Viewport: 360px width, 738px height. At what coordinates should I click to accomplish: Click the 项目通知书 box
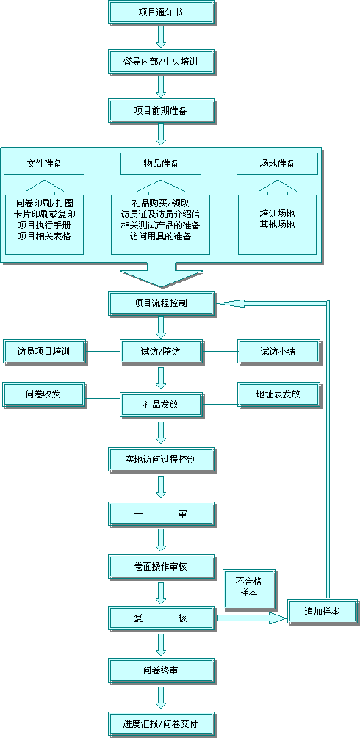162,12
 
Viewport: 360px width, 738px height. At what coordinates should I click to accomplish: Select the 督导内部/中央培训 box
162,62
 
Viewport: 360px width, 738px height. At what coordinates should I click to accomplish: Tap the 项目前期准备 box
162,111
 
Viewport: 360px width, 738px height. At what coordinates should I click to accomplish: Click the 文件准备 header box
44,164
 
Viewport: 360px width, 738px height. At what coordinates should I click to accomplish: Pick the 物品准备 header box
161,164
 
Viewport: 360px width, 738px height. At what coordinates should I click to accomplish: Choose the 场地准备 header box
277,164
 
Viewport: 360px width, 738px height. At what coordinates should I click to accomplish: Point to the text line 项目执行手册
44,225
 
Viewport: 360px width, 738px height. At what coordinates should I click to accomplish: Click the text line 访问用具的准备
161,236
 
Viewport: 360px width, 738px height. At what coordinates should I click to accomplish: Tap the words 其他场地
278,225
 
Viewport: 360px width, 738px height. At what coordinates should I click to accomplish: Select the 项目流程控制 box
162,303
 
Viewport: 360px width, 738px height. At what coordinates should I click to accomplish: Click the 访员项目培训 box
45,352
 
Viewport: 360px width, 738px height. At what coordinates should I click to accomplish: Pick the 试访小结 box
279,352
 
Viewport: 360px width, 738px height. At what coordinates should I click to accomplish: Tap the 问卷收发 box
45,394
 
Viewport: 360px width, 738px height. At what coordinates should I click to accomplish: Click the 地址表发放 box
279,394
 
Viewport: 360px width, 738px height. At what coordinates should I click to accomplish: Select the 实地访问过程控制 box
162,460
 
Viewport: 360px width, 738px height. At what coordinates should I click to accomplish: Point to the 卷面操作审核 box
162,567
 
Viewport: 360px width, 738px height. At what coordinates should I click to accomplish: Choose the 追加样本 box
323,612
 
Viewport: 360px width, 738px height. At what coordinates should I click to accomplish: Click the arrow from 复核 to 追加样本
252,618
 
